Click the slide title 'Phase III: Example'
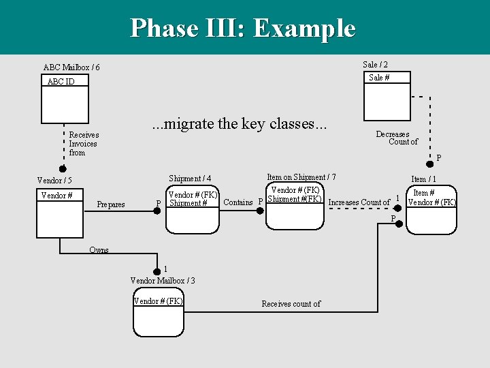point(243,28)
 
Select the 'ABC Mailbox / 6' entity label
point(71,67)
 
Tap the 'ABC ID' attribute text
point(61,82)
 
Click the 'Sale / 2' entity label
point(375,64)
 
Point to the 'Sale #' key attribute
point(379,78)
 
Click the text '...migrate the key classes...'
point(239,123)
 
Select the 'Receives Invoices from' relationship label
point(83,144)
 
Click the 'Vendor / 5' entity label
point(54,181)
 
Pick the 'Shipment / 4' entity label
point(190,179)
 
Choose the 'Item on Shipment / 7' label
point(301,177)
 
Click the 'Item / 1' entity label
point(423,179)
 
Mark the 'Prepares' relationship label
point(111,204)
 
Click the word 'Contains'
point(238,202)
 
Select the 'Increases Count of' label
point(359,202)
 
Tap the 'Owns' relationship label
point(99,249)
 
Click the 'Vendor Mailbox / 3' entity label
point(163,280)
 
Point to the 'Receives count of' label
point(291,304)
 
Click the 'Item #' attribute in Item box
point(424,193)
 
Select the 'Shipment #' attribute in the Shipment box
point(188,203)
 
